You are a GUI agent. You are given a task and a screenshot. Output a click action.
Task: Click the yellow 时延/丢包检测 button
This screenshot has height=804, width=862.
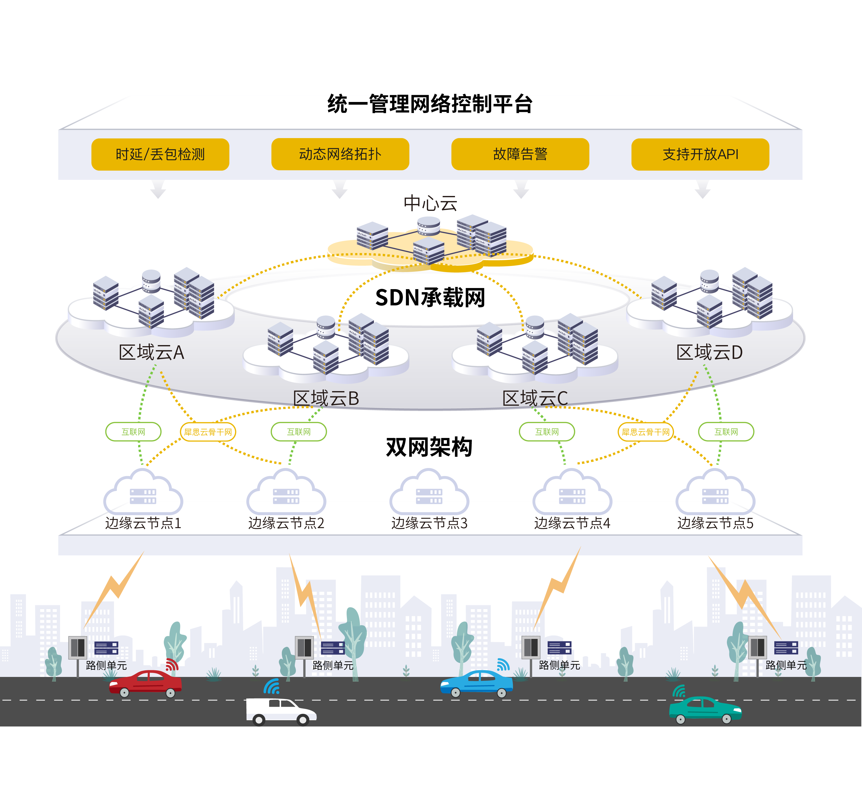(160, 154)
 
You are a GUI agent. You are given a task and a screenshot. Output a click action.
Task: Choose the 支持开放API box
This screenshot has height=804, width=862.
(700, 154)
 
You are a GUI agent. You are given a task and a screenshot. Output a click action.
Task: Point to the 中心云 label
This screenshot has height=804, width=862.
(430, 203)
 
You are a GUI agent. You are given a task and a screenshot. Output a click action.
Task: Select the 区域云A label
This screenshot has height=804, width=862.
(151, 352)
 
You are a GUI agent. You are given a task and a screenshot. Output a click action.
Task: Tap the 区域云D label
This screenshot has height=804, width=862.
(710, 352)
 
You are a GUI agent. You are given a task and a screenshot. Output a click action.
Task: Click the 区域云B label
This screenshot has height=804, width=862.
(326, 398)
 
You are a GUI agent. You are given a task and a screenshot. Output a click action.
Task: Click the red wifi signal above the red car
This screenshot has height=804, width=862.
(172, 665)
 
